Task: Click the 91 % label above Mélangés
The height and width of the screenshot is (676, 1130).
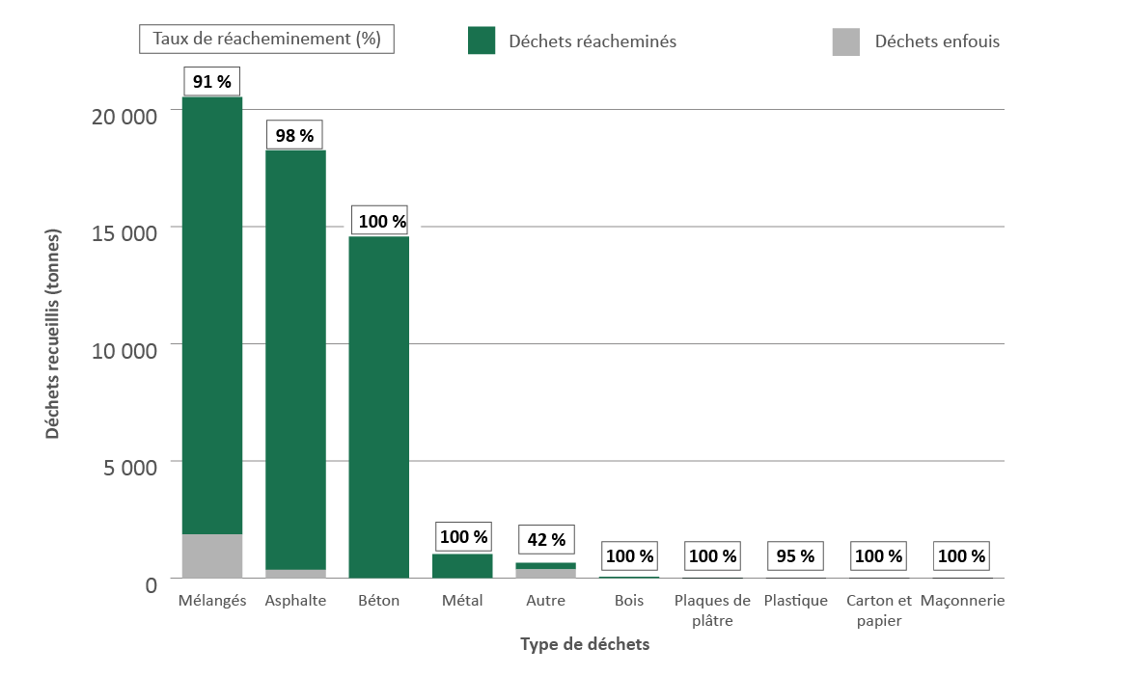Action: [211, 82]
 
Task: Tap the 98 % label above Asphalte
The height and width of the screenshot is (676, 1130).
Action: [294, 136]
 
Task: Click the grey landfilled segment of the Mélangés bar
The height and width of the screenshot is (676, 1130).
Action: [211, 555]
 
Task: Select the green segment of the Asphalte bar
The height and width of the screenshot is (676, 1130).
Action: [294, 357]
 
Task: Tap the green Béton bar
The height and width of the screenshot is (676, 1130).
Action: [378, 405]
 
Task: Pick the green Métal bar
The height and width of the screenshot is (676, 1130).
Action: [462, 565]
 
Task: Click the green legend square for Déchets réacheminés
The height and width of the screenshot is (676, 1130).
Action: [482, 41]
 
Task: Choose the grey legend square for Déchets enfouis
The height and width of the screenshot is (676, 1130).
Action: [845, 41]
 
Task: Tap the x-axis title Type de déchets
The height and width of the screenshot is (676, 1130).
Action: [584, 644]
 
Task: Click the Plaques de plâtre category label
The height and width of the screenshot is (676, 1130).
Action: [712, 610]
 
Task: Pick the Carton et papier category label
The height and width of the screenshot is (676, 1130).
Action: [878, 610]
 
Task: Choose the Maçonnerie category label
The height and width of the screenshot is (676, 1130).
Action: [962, 601]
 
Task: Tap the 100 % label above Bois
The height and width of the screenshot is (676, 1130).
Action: [630, 556]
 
